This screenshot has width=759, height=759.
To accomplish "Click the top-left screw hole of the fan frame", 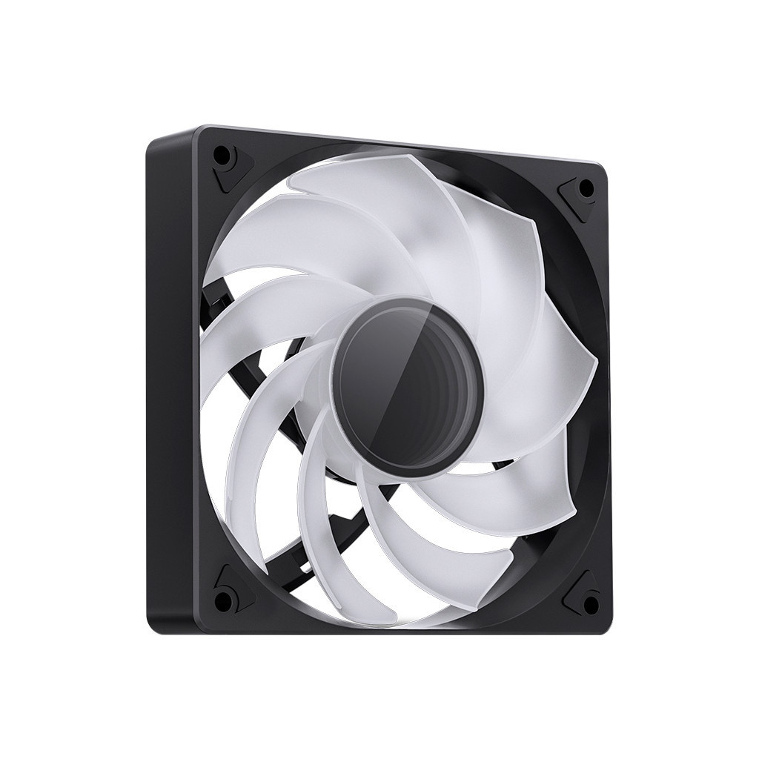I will tap(221, 156).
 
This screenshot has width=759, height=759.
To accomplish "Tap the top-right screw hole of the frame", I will tap(586, 188).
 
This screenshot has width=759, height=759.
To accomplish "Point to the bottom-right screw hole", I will tap(590, 603).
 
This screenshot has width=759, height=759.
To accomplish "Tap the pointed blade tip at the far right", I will tap(597, 363).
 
